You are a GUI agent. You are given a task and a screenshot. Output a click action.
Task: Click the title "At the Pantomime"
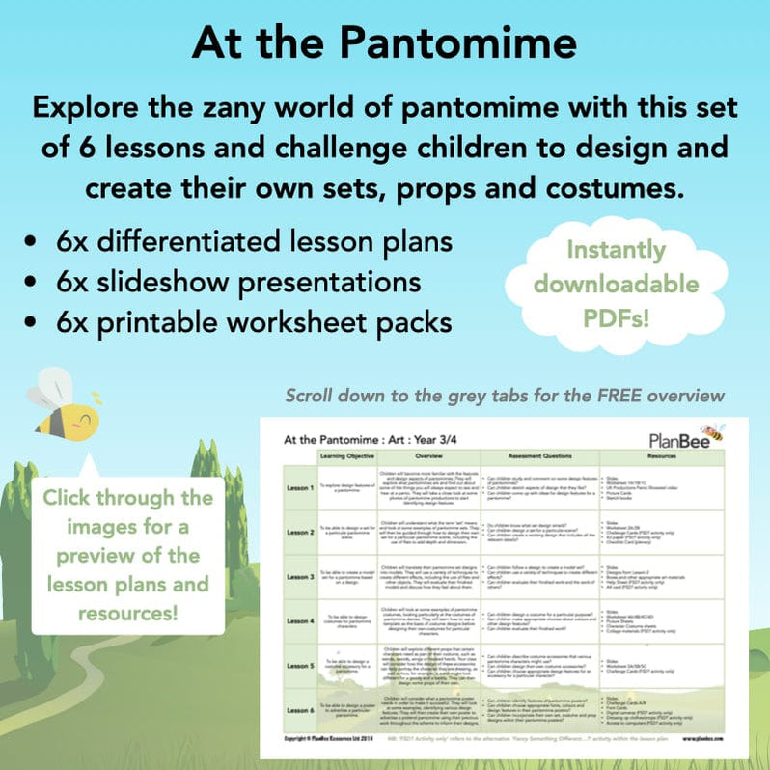pos(384,44)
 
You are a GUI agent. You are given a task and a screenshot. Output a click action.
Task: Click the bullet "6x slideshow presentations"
pos(237,282)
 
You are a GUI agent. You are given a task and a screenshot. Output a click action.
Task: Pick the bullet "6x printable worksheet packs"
pos(253,322)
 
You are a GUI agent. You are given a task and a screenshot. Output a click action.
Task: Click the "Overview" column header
pos(431,454)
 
